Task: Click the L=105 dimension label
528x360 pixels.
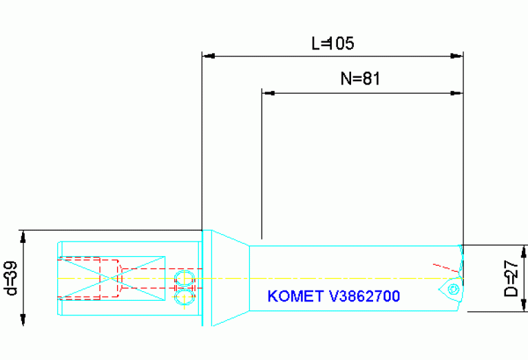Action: coord(332,44)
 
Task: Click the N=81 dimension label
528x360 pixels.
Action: coord(360,79)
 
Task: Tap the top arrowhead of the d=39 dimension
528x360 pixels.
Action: coord(23,236)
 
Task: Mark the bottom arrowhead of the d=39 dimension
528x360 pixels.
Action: coord(23,320)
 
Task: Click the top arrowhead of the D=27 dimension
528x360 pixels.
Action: coord(525,251)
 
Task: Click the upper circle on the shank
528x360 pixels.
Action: coord(183,277)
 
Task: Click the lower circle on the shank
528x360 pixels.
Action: coord(183,297)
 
